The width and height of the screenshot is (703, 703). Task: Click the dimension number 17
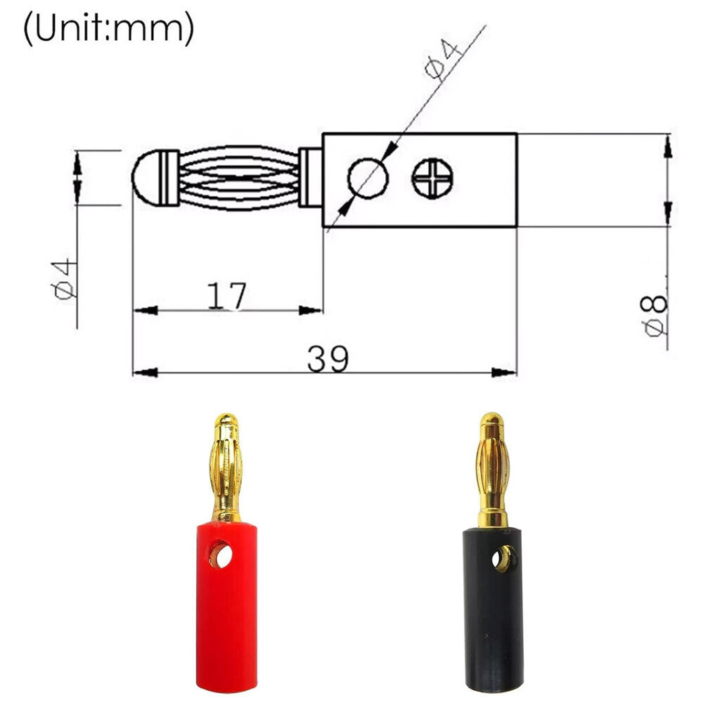pos(226,297)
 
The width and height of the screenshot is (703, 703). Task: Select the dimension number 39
pos(327,359)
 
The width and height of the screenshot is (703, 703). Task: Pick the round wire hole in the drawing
pos(368,177)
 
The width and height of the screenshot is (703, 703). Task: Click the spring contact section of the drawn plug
pos(239,177)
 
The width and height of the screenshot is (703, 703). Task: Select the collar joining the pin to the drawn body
pos(310,177)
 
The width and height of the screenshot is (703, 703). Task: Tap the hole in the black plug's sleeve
pos(502,559)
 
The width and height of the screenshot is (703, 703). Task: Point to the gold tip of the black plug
pos(491,423)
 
